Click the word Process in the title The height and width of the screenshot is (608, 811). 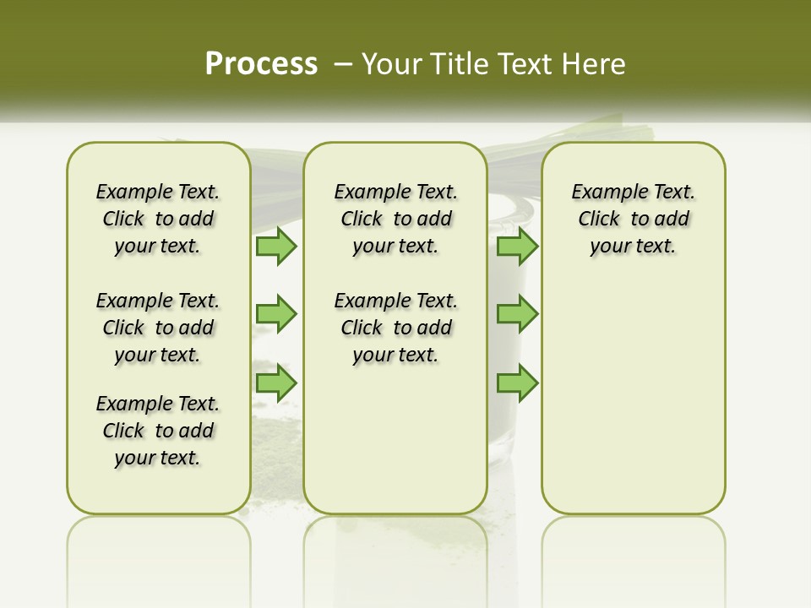click(x=261, y=63)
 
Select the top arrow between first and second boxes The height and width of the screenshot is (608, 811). click(x=276, y=246)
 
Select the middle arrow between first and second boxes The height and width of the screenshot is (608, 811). click(x=276, y=314)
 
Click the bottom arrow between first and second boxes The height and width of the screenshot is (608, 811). click(x=276, y=383)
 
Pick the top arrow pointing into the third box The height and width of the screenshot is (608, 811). click(x=517, y=246)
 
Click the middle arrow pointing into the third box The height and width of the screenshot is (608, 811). click(x=517, y=314)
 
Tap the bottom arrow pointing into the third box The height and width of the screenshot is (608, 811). click(x=517, y=383)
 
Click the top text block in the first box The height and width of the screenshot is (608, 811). click(x=158, y=219)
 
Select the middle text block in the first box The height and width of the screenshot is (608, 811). click(x=158, y=328)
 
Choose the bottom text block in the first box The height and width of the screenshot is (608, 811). click(x=158, y=431)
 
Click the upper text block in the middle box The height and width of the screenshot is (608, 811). click(x=395, y=219)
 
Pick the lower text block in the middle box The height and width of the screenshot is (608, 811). click(x=395, y=328)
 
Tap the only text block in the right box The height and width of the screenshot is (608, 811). click(x=633, y=219)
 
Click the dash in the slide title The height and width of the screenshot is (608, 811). click(x=343, y=64)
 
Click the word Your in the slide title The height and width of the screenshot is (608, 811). click(x=391, y=64)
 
